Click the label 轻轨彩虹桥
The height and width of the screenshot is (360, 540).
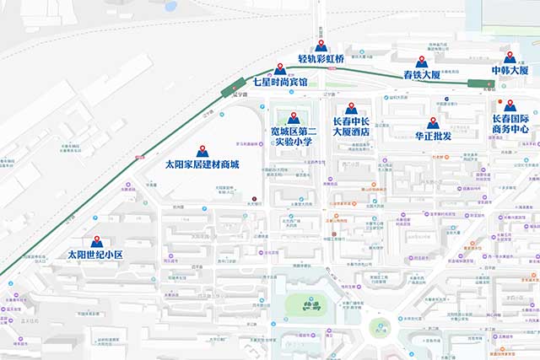(x=321, y=60)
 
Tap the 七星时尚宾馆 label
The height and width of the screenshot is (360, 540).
(x=280, y=83)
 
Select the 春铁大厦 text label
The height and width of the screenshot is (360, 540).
(x=422, y=75)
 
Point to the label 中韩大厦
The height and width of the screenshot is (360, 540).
(x=510, y=70)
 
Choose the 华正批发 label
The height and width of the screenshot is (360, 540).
(x=433, y=136)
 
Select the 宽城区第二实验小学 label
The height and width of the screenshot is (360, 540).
(x=294, y=137)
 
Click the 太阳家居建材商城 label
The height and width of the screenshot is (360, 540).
(x=202, y=164)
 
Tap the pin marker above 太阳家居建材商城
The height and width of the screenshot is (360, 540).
(x=202, y=151)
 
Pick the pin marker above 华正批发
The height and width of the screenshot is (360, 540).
(x=433, y=122)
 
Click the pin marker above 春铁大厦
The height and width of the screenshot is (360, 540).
(x=422, y=62)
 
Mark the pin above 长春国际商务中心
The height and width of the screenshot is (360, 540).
(x=509, y=105)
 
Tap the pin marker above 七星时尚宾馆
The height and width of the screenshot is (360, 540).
(x=280, y=68)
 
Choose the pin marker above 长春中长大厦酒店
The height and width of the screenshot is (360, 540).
(x=351, y=107)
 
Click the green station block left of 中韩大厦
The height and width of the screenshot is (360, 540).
(x=480, y=83)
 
